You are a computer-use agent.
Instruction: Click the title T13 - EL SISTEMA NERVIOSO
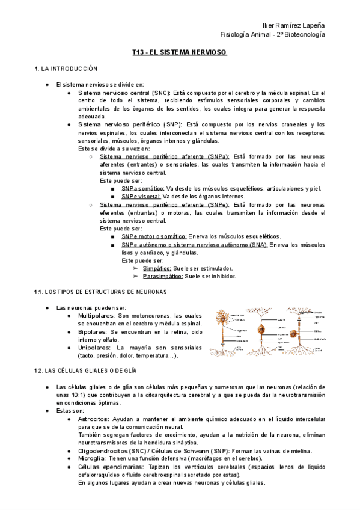[x=179, y=53]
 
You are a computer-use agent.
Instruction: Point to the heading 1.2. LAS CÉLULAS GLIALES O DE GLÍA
[x=86, y=370]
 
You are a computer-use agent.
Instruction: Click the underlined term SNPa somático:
[x=142, y=188]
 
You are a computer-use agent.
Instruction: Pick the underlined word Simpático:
[x=157, y=268]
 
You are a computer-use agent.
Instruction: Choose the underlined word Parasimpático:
[x=163, y=277]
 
